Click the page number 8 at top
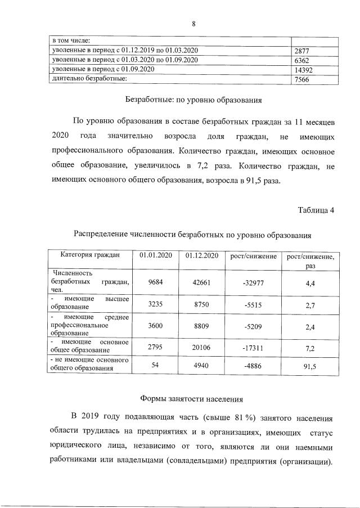click(193, 24)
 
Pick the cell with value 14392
click(304, 70)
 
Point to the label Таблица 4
click(316, 210)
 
